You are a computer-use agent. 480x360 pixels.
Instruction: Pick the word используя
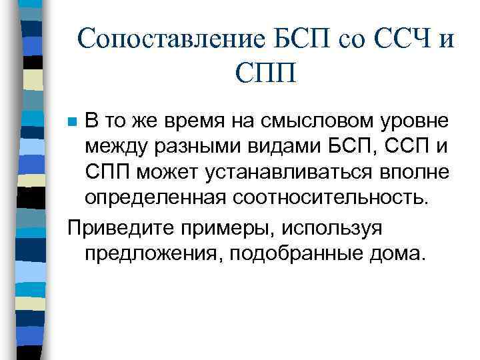[340, 228]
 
